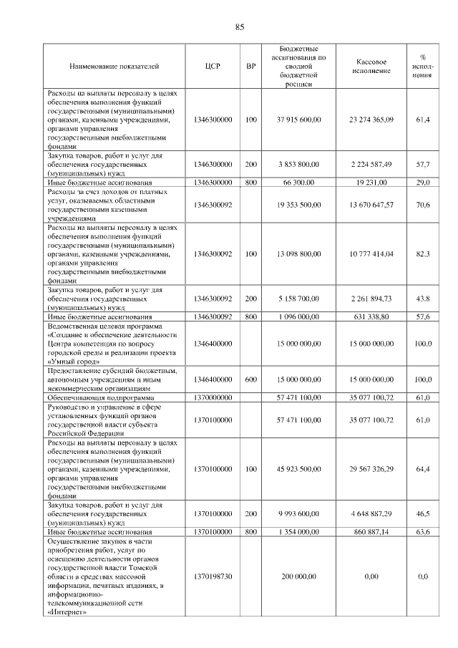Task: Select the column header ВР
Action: coord(250,67)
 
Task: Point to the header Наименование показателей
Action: coord(114,67)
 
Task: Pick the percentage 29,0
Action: coord(423,183)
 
